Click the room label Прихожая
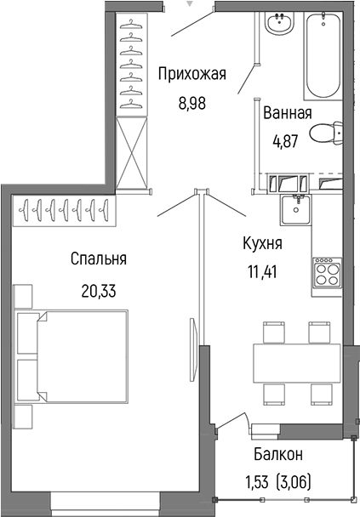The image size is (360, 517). (x=191, y=75)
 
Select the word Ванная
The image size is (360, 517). (x=287, y=113)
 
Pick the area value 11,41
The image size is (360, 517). (x=261, y=273)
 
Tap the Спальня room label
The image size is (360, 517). (x=99, y=258)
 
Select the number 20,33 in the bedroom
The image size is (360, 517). (x=99, y=289)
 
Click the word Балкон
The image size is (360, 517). (x=277, y=454)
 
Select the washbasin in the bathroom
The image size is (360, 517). (x=278, y=26)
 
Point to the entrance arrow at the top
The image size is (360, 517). (x=191, y=3)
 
